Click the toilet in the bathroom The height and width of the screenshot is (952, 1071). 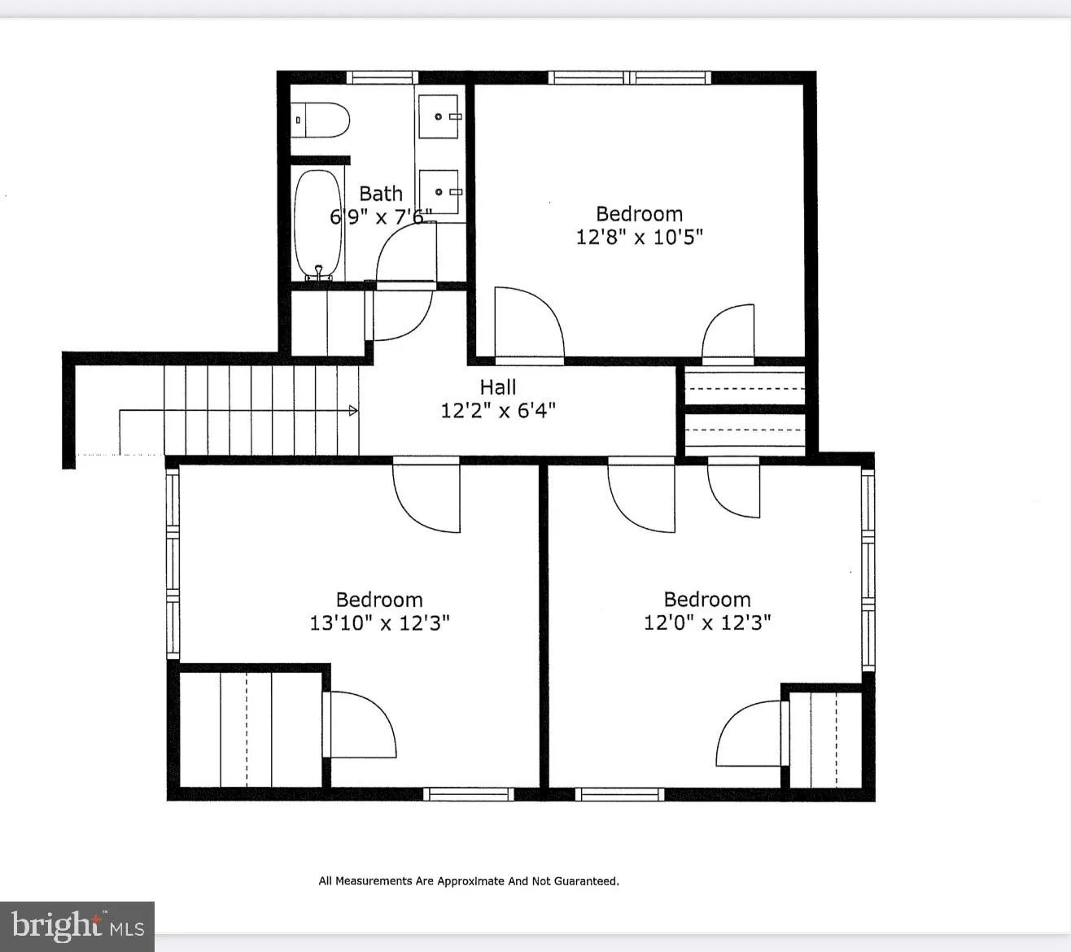(321, 120)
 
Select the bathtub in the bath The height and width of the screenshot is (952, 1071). (317, 223)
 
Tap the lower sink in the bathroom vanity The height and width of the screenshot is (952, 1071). (439, 192)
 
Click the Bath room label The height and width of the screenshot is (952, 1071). (381, 194)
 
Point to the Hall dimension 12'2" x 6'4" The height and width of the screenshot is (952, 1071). (498, 410)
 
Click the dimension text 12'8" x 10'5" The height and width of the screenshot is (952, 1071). (639, 238)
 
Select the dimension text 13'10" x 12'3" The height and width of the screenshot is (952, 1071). (379, 623)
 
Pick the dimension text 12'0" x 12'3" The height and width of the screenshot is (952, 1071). (707, 623)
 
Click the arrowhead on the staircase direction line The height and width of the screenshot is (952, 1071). (353, 411)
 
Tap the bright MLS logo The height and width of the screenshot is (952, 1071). (77, 926)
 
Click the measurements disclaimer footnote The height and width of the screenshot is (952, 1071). (469, 881)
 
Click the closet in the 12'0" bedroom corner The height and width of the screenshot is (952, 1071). (825, 739)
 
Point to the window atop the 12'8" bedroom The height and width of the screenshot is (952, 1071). (630, 78)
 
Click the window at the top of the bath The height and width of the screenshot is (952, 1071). (382, 78)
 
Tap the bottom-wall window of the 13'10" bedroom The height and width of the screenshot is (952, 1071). (467, 794)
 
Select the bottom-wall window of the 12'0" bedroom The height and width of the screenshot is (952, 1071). (620, 794)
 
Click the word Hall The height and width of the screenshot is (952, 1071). (498, 387)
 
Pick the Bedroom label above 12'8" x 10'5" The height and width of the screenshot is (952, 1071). (639, 214)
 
